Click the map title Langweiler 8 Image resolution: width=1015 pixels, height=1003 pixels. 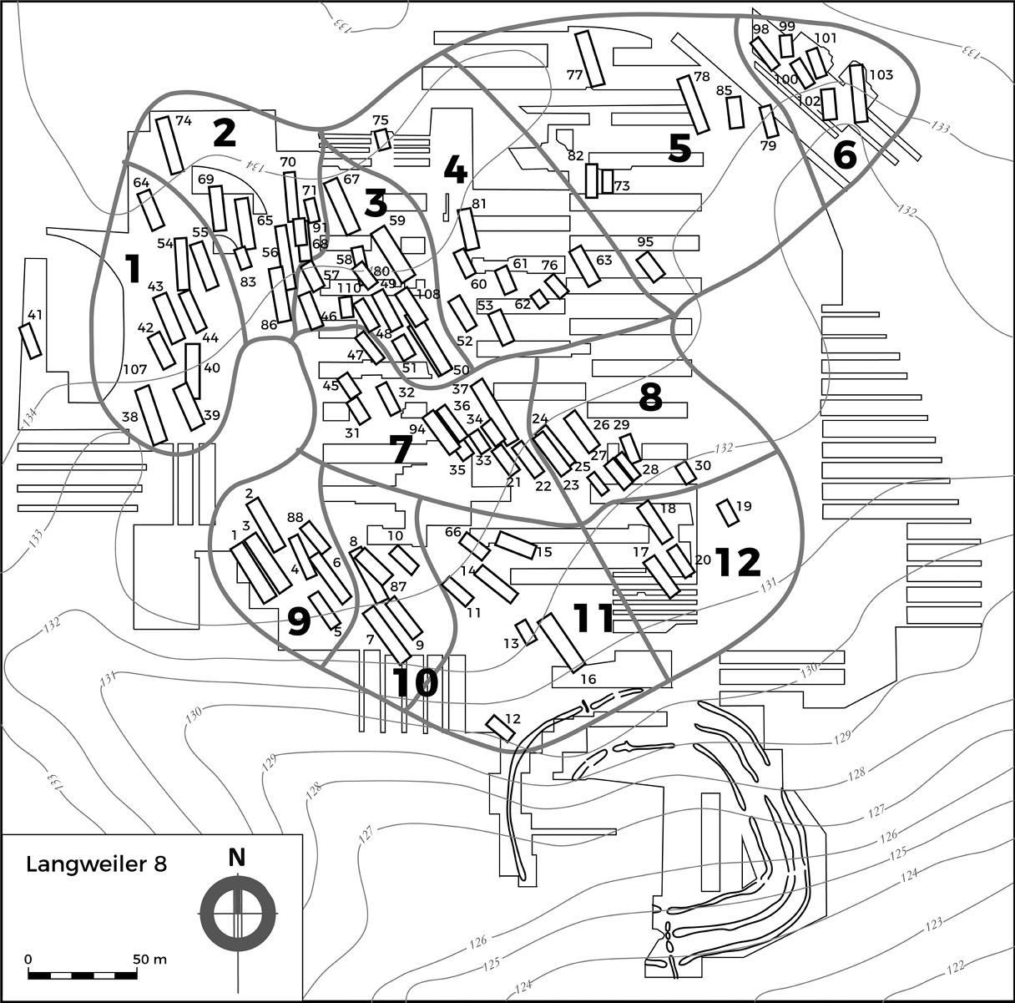click(96, 864)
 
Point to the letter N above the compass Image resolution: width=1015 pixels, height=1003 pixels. click(238, 857)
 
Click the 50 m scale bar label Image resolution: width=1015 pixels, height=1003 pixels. click(150, 959)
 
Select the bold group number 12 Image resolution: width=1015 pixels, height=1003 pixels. click(738, 562)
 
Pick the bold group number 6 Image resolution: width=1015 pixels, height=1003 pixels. click(845, 155)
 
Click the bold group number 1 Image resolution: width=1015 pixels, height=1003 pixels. click(132, 269)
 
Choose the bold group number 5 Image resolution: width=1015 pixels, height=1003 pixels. click(679, 149)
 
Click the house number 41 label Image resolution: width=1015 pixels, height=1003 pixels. click(34, 315)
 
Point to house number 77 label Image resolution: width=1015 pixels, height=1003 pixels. click(574, 75)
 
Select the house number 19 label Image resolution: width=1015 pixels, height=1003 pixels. click(744, 506)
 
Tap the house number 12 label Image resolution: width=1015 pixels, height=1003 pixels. click(513, 718)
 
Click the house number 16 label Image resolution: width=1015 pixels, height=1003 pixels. click(588, 679)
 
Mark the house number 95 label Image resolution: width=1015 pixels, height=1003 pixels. click(645, 242)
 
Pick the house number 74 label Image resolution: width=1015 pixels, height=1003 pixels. click(184, 121)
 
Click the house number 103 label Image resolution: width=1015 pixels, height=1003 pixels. click(881, 75)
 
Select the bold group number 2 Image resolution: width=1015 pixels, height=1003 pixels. click(224, 134)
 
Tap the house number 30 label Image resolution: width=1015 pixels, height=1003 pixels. click(703, 465)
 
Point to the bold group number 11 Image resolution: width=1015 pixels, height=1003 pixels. click(593, 618)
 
